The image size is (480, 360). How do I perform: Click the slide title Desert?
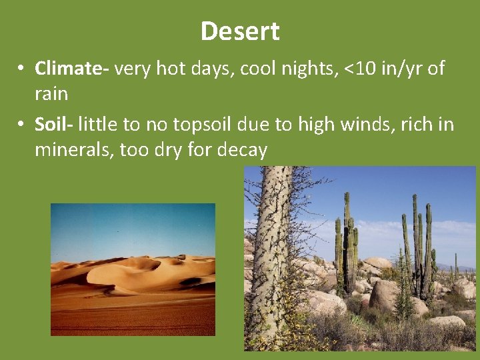coord(240,31)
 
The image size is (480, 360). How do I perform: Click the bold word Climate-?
coord(73,69)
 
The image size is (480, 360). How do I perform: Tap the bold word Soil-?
coord(55,125)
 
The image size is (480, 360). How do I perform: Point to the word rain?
coord(51,94)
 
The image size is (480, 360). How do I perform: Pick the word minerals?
coord(74,150)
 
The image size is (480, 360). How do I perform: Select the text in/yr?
coord(403,69)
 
